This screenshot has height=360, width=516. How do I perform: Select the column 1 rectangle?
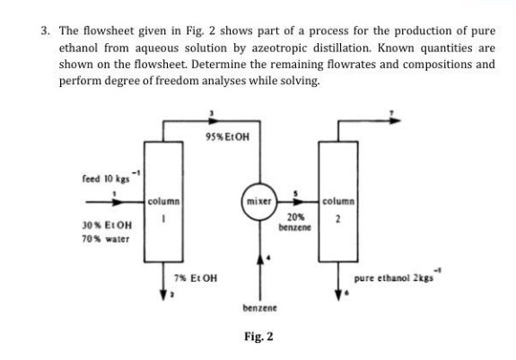(162, 202)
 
